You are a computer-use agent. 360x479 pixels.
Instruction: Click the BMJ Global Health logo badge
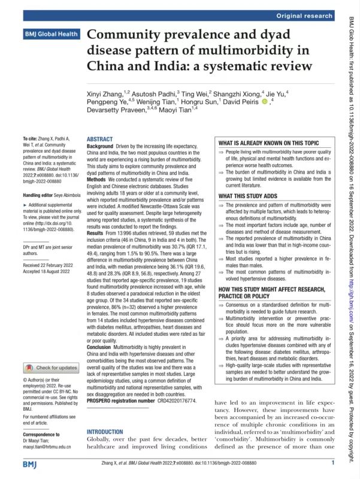(x=52, y=34)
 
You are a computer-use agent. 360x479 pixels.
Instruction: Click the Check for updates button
(x=52, y=367)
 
